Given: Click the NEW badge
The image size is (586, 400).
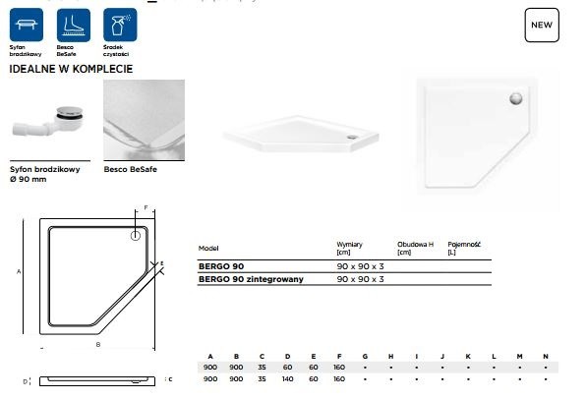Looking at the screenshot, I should (x=541, y=25).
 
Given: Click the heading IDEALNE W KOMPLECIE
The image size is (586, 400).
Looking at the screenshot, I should (x=71, y=70).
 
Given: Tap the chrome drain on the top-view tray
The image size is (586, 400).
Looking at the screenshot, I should (x=513, y=97).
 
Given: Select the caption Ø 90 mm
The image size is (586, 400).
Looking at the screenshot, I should (x=27, y=178).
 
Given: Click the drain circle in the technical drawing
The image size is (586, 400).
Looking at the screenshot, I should (x=135, y=236).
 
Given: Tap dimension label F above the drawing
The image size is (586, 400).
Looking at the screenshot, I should (x=146, y=208).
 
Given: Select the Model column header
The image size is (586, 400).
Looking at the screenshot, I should (x=208, y=248).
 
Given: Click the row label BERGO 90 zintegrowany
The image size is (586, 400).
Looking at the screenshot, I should (x=251, y=280).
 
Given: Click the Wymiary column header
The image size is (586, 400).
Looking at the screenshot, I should (x=350, y=243).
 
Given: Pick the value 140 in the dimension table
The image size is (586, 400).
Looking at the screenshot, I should (x=286, y=378).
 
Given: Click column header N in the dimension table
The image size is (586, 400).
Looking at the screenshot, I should (x=545, y=355).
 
